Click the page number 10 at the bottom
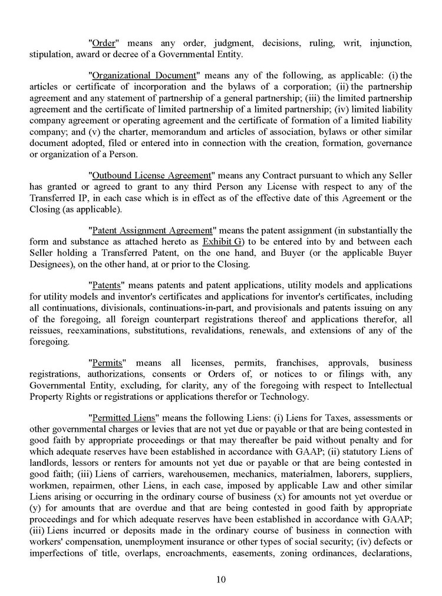point(221,579)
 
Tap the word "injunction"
point(390,44)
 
